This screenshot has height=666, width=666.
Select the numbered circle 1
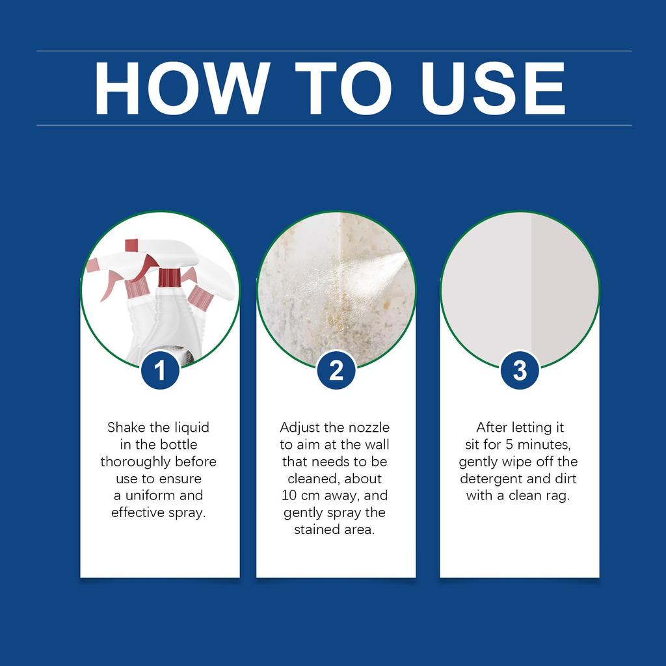[160, 371]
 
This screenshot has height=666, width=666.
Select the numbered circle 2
[336, 371]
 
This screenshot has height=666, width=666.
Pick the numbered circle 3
[520, 371]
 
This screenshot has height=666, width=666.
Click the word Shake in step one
[122, 428]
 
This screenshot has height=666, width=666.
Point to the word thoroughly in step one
[135, 462]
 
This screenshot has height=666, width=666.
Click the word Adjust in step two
[301, 428]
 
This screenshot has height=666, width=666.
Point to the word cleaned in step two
[313, 479]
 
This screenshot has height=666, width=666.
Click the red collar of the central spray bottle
[169, 277]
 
